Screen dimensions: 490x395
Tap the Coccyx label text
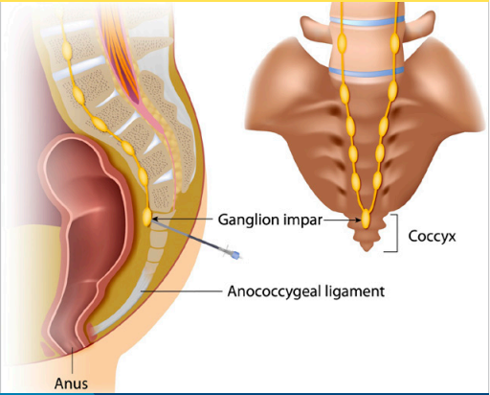coord(432,237)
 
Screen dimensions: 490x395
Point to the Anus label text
coord(71,383)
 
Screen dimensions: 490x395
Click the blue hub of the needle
coord(235,255)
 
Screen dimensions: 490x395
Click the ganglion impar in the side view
coord(146,217)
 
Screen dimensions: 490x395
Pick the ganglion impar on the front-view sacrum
coord(366,219)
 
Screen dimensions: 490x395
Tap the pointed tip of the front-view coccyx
coord(367,250)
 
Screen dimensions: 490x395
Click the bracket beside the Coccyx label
coord(396,233)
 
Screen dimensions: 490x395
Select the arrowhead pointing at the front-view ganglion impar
coord(359,220)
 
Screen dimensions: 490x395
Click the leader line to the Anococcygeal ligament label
coord(181,291)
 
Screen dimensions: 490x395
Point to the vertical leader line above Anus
coord(73,360)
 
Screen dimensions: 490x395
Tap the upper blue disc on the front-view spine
coord(367,21)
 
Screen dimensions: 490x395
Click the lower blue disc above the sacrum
coord(367,72)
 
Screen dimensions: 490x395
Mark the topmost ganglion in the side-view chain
coord(67,48)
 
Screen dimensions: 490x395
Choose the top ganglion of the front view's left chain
coord(342,42)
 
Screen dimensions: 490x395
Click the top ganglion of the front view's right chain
coord(395,41)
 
